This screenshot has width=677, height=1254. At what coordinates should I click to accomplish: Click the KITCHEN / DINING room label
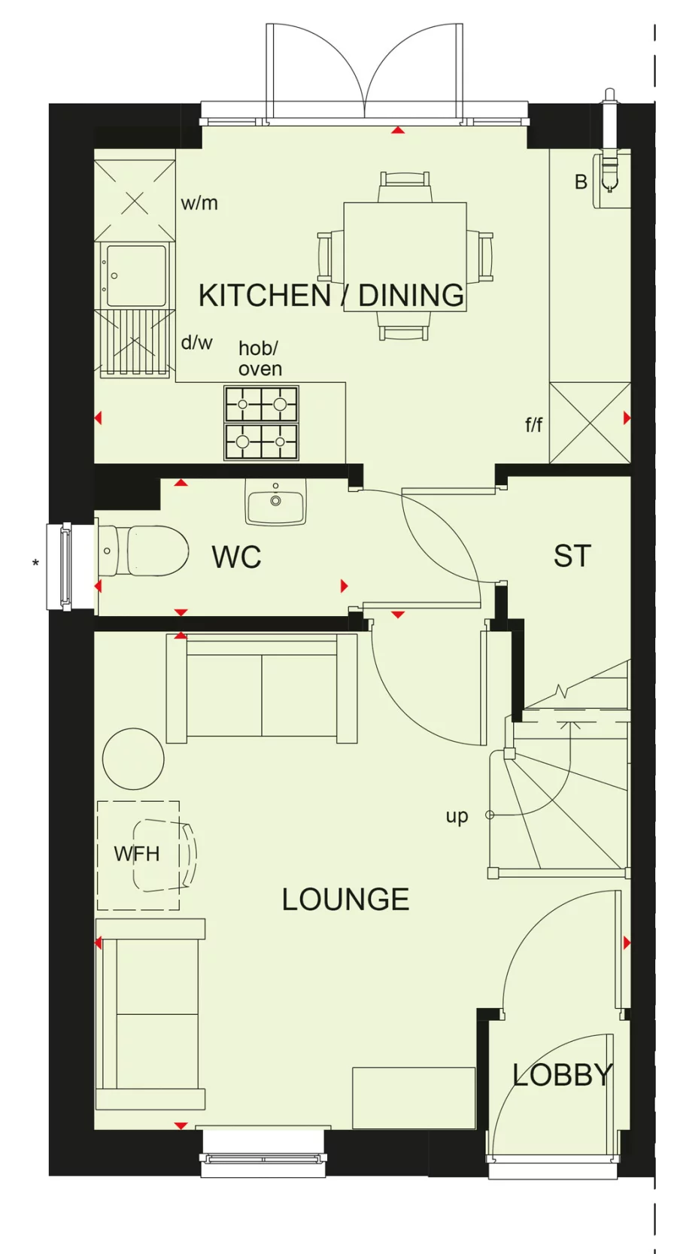(x=331, y=296)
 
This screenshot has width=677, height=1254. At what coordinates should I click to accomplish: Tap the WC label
(x=236, y=557)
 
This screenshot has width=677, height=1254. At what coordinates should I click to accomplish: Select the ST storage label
(x=572, y=557)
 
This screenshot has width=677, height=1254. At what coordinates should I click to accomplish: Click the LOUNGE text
(x=345, y=900)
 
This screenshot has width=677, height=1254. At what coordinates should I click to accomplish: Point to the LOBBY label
(x=562, y=1075)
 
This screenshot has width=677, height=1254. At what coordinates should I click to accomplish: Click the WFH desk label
(x=137, y=855)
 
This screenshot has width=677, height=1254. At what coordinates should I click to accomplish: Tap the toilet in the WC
(x=147, y=551)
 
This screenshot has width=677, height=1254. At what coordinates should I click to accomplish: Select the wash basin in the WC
(x=275, y=502)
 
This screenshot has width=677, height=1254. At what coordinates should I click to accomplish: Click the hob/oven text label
(x=260, y=359)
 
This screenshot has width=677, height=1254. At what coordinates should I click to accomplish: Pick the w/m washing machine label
(x=199, y=203)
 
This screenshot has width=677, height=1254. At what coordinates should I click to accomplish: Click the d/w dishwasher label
(x=196, y=343)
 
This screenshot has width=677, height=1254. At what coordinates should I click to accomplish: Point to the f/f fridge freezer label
(x=533, y=425)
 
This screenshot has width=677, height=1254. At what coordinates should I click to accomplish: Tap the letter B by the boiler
(x=581, y=182)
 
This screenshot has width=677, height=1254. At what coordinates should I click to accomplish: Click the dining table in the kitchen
(x=405, y=256)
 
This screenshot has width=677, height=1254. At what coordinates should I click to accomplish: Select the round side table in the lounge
(x=133, y=758)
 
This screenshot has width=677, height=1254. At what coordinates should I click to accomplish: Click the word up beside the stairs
(x=457, y=815)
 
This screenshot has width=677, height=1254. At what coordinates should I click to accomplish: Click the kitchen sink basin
(x=136, y=275)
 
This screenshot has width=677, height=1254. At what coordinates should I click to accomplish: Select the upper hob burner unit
(x=261, y=405)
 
